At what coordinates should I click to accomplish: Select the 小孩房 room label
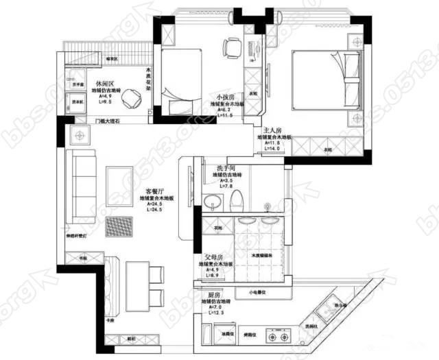pyautogui.click(x=224, y=97)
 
